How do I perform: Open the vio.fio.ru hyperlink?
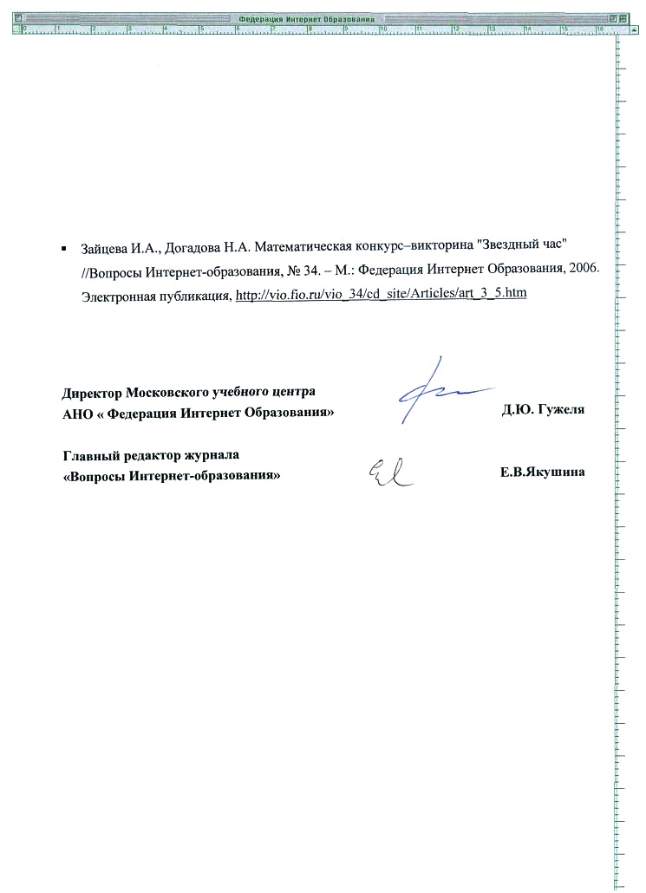tap(382, 294)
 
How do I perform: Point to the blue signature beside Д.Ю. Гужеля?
tap(434, 390)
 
